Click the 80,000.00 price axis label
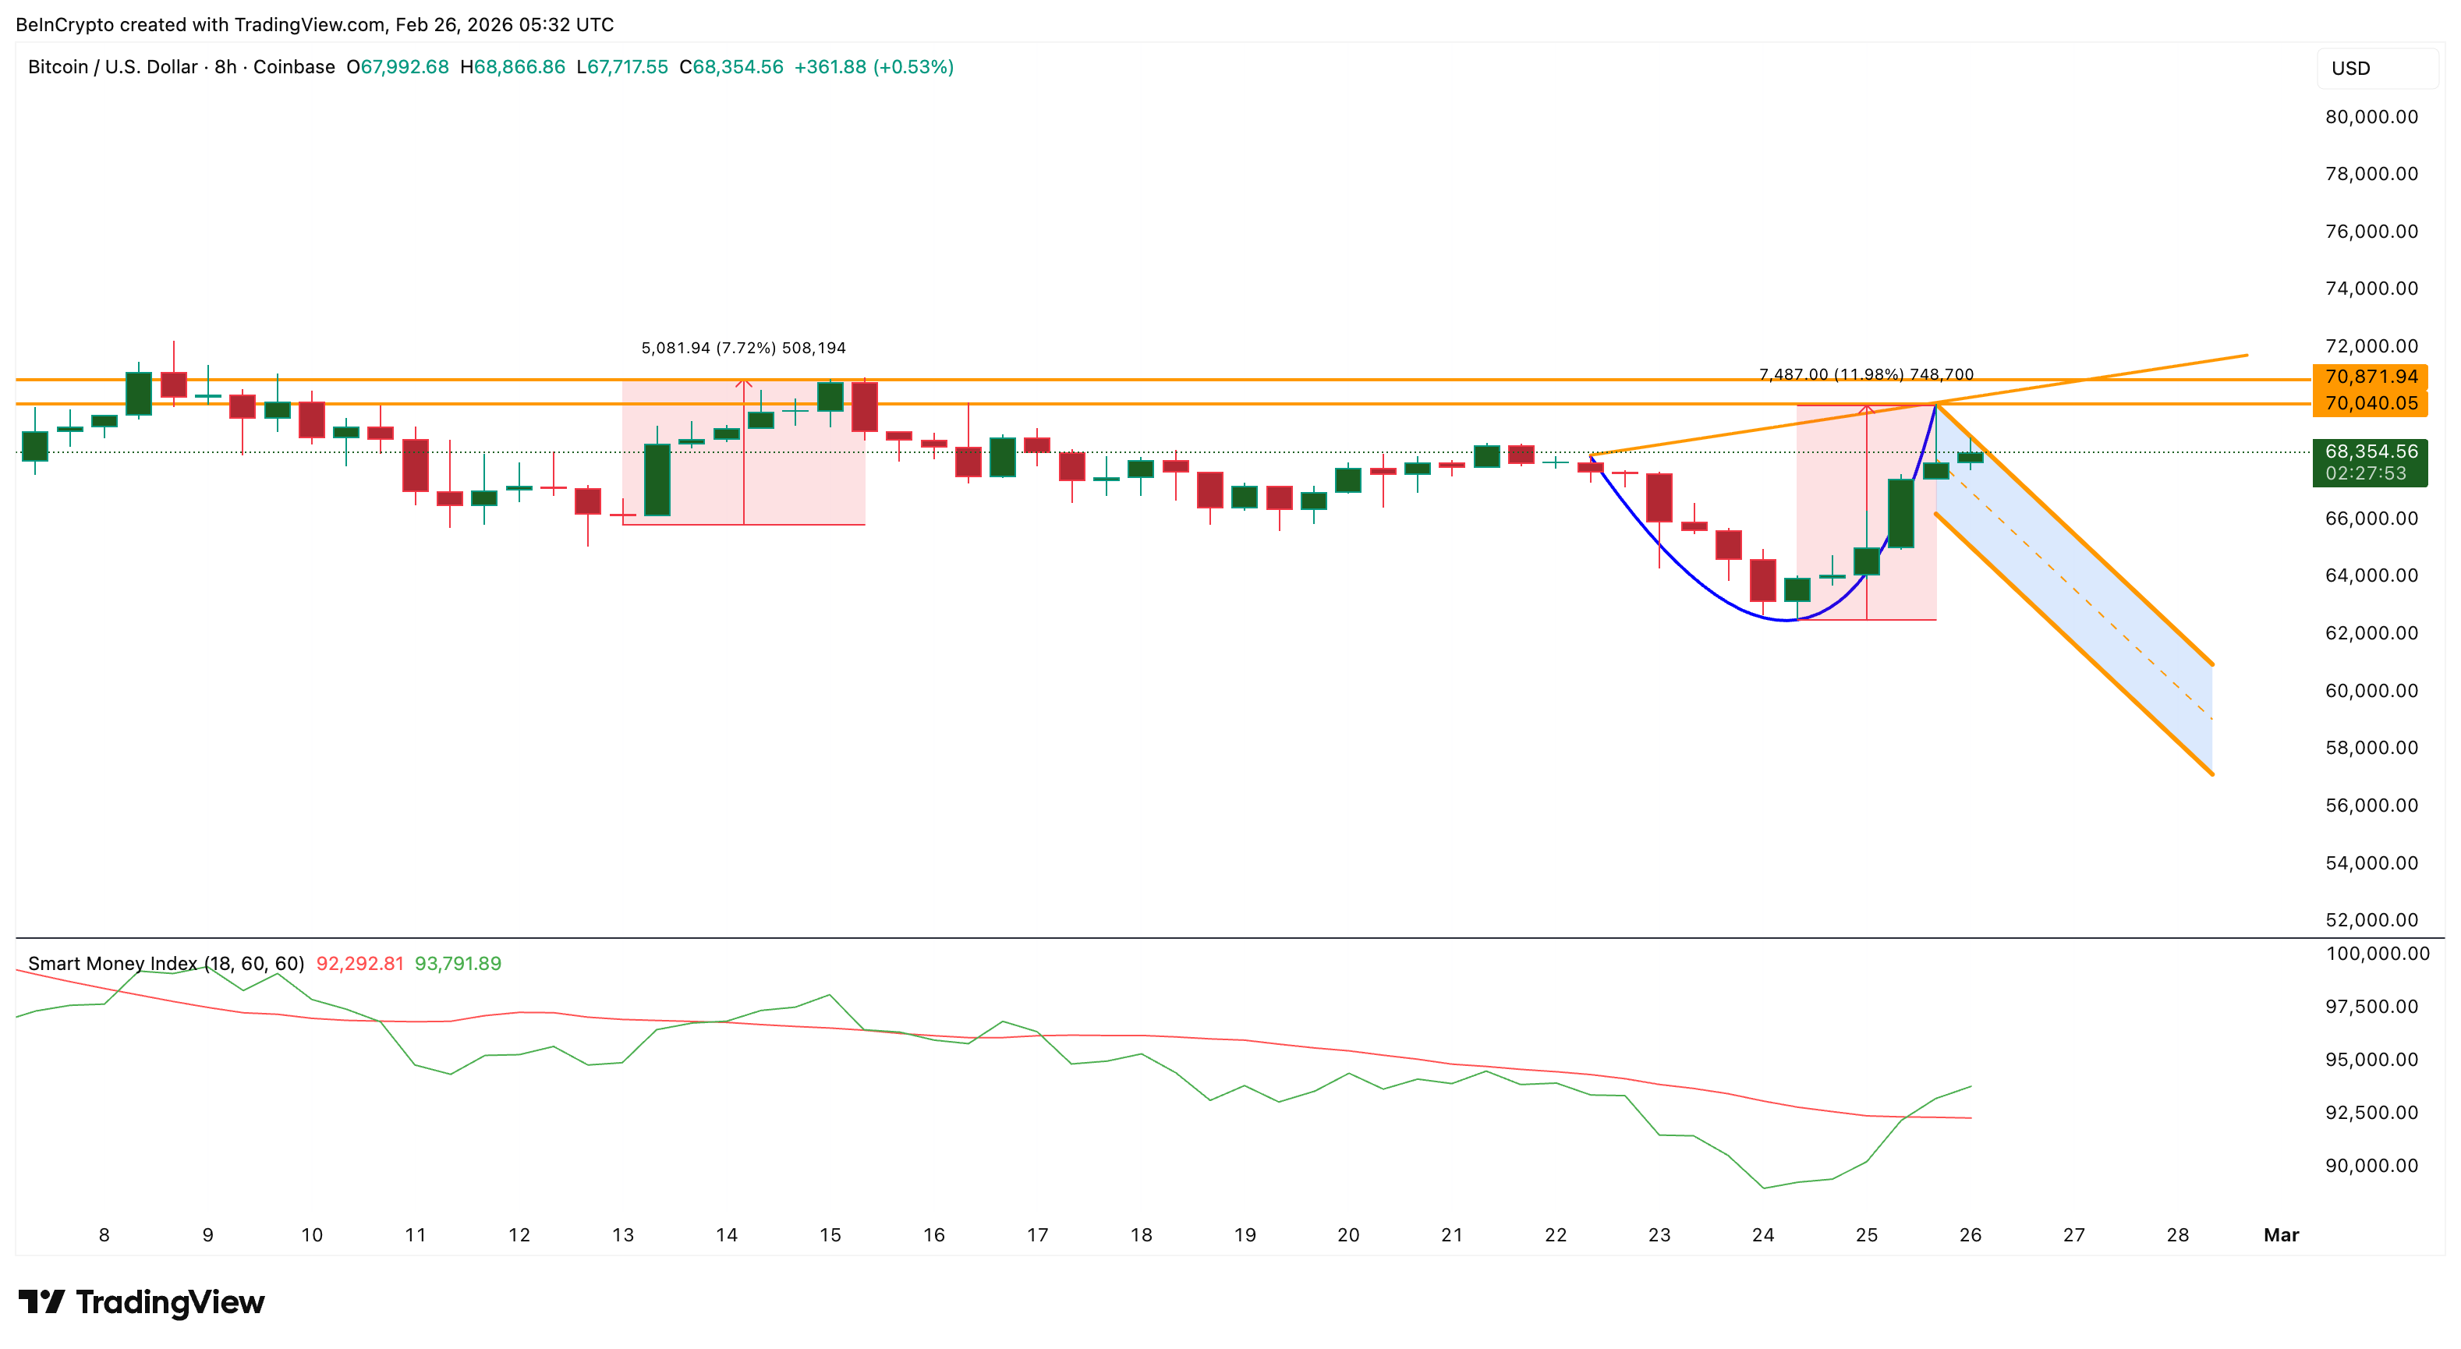coord(2371,116)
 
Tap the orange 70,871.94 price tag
coord(2371,377)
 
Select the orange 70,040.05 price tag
coord(2371,403)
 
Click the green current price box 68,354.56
coord(2371,462)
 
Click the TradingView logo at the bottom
coord(141,1302)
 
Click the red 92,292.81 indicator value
coord(360,963)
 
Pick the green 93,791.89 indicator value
coord(458,963)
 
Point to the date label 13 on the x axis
coord(623,1234)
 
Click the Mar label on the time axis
coord(2280,1234)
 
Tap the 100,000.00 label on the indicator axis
coord(2377,954)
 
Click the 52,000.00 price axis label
coord(2371,920)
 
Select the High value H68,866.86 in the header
coord(512,67)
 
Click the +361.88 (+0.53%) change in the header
coord(873,67)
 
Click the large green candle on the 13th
coord(657,480)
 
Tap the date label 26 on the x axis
coord(1970,1234)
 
